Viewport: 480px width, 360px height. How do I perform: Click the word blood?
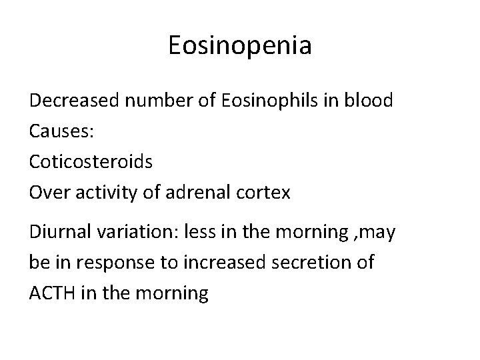click(x=368, y=101)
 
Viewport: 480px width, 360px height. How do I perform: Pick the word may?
click(x=377, y=233)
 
